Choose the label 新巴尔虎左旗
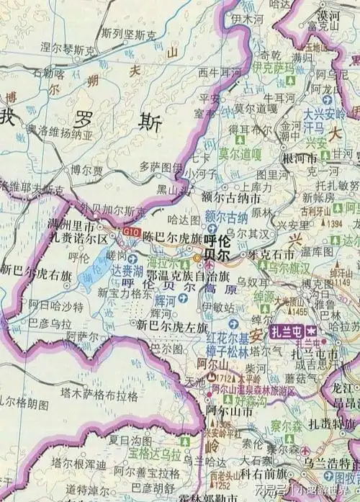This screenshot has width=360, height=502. pyautogui.click(x=167, y=326)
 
